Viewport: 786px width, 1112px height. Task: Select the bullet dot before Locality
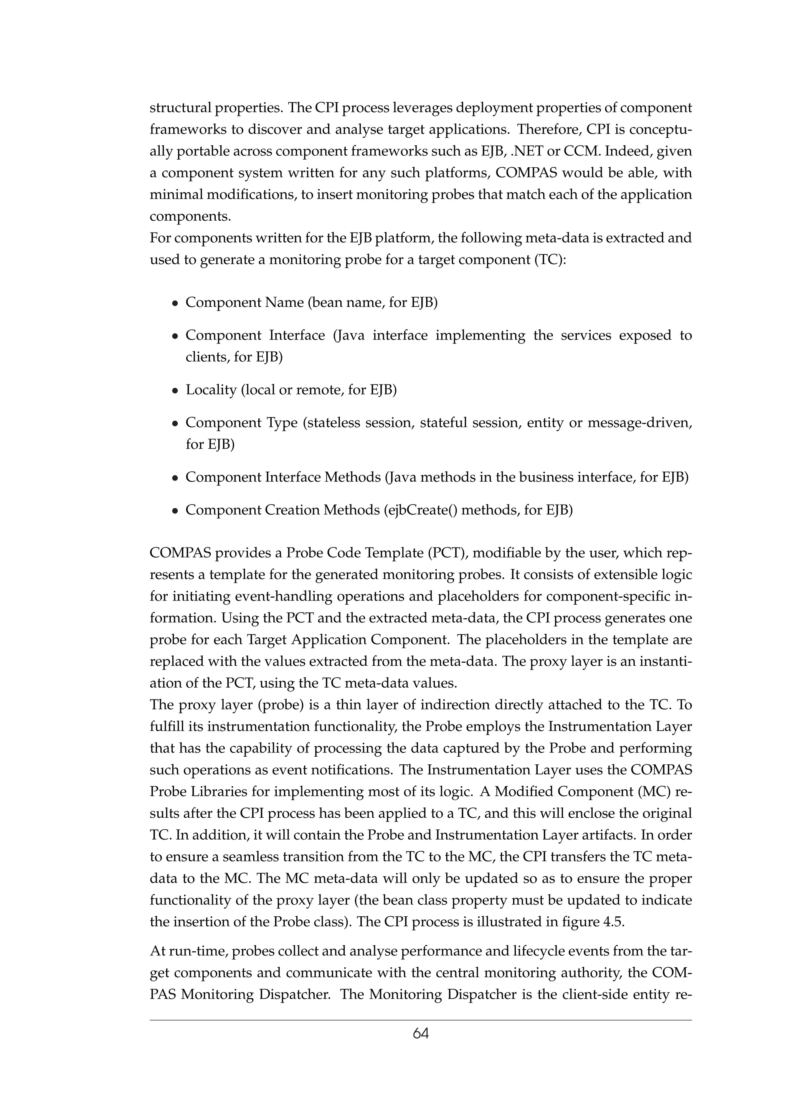click(176, 390)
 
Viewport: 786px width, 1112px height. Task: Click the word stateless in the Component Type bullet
click(334, 423)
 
